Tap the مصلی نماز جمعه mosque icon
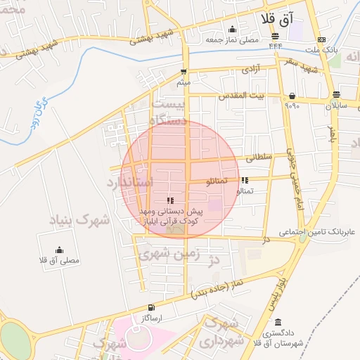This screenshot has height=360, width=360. pyautogui.click(x=233, y=29)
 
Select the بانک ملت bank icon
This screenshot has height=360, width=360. pyautogui.click(x=321, y=39)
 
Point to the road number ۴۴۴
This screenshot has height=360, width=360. pyautogui.click(x=275, y=46)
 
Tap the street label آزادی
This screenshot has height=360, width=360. pyautogui.click(x=252, y=70)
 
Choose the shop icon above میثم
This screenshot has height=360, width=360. pyautogui.click(x=184, y=72)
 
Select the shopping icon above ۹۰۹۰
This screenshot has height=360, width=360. pyautogui.click(x=292, y=96)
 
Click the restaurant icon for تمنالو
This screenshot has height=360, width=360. pyautogui.click(x=244, y=181)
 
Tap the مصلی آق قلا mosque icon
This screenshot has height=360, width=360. pyautogui.click(x=59, y=249)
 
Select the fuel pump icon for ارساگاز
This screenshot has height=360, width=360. pyautogui.click(x=151, y=308)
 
